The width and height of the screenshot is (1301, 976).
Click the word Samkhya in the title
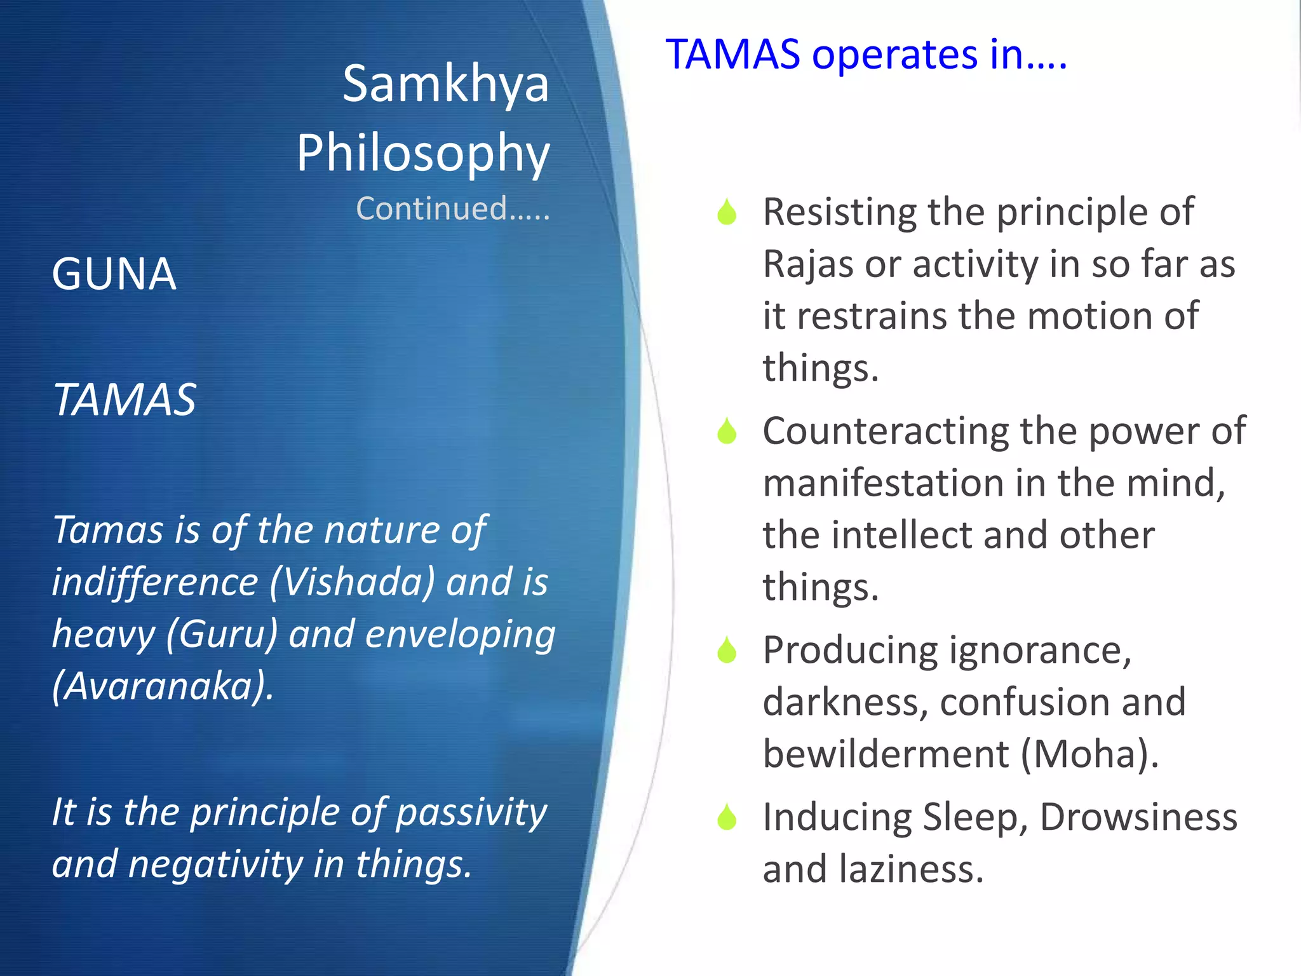445,84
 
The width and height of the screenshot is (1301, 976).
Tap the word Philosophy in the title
423,154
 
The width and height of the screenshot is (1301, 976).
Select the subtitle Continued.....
452,208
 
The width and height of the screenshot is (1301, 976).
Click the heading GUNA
114,274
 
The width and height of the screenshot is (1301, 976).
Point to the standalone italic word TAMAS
125,400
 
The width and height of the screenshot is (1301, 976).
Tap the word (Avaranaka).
163,686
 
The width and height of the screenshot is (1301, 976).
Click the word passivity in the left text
471,812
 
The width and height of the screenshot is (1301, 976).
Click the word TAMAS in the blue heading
732,54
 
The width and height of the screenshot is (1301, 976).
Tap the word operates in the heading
894,55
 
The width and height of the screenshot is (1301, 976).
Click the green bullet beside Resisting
727,212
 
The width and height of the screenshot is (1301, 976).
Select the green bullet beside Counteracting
727,431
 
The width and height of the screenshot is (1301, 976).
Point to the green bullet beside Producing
727,650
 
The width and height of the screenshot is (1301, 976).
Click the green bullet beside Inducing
727,817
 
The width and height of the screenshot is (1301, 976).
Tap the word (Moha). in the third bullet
1089,754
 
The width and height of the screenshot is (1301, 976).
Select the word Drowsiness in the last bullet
1138,817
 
